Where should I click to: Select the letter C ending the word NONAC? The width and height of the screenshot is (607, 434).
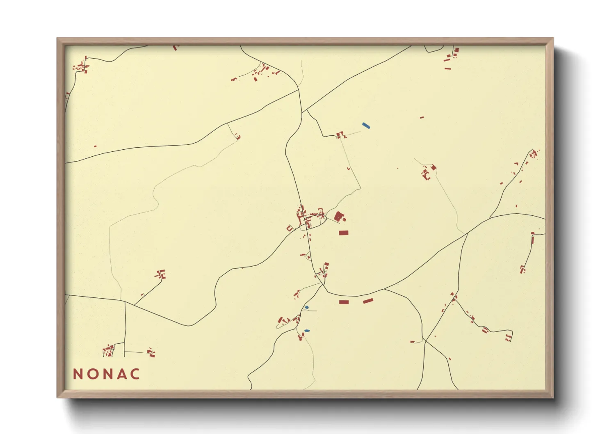click(135, 374)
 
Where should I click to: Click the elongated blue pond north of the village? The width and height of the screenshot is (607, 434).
click(366, 126)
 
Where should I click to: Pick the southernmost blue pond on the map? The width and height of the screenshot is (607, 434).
click(307, 331)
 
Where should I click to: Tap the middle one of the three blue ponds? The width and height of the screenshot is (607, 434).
click(307, 307)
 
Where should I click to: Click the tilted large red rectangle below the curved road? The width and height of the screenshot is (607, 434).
click(368, 301)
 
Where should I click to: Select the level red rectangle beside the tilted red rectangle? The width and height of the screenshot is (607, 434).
click(344, 302)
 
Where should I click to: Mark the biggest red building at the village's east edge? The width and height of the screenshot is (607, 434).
click(338, 216)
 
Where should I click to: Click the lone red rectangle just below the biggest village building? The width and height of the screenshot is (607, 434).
click(343, 233)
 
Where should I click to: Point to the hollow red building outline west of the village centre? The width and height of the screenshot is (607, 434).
click(290, 228)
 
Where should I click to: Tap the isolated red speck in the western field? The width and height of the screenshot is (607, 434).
click(95, 146)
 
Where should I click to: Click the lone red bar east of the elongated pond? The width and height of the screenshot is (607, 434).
click(422, 118)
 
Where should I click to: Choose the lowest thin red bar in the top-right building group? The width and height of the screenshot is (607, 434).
click(447, 69)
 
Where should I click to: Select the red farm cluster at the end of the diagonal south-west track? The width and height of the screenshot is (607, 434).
click(160, 274)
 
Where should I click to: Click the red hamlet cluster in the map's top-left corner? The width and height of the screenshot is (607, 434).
click(81, 66)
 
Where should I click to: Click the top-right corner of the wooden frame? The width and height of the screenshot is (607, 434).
click(553, 38)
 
